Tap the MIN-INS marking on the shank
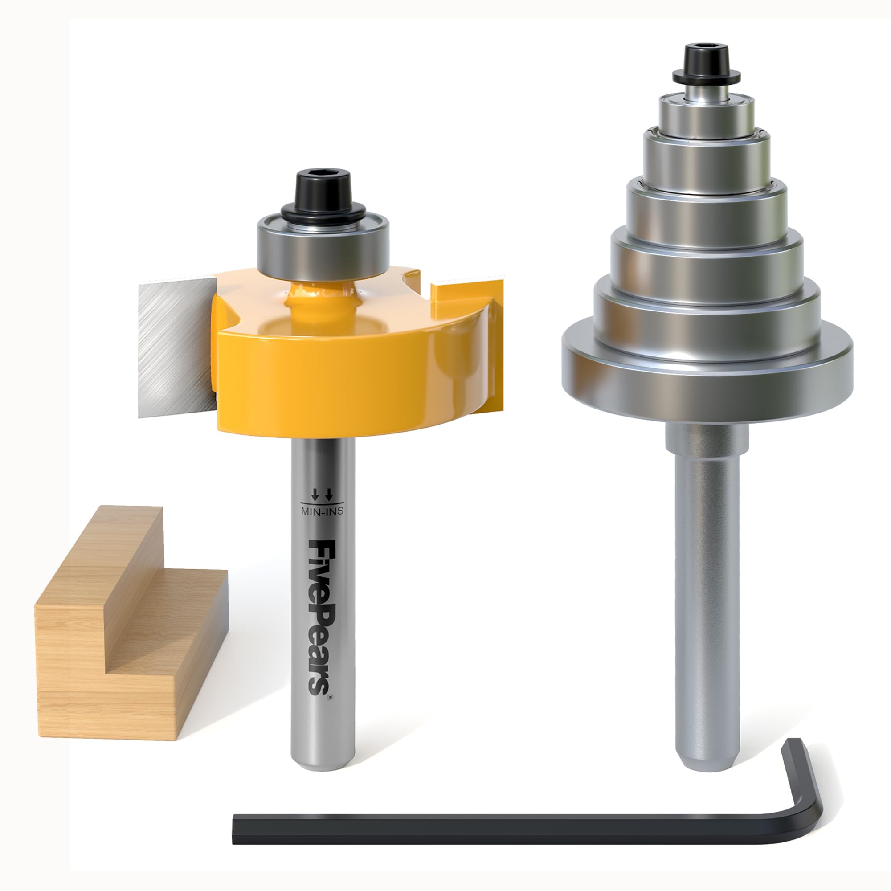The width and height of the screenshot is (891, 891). [x=322, y=511]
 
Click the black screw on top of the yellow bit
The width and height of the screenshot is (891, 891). [x=323, y=189]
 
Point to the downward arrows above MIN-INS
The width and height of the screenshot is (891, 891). [x=322, y=495]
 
